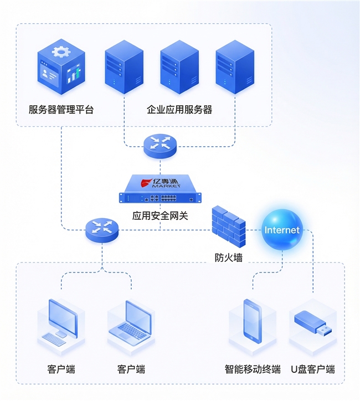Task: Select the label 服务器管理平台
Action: point(61,110)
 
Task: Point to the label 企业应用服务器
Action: point(179,110)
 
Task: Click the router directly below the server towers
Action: point(160,145)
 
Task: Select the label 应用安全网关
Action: point(161,215)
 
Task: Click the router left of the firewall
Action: point(102,228)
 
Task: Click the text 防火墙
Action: point(228,258)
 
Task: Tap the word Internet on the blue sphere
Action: point(282,230)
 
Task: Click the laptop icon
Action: point(131,320)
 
